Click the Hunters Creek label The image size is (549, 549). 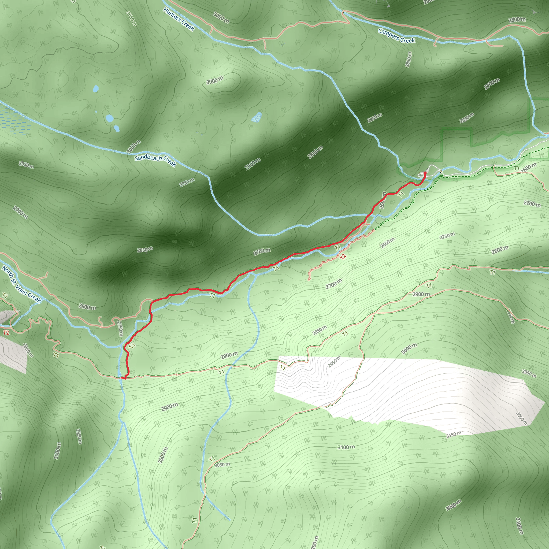pos(179,19)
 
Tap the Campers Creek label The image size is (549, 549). pos(396,36)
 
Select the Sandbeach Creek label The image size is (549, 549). pos(155,161)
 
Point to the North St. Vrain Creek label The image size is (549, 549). pos(22,284)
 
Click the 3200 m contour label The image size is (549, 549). pos(453,505)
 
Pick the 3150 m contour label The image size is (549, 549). pos(454,434)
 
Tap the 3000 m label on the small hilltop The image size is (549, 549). pos(215,81)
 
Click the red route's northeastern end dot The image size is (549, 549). pos(425,173)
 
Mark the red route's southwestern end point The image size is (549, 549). pos(124,378)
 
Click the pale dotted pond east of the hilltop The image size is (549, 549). pos(257,117)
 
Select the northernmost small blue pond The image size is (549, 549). pos(96,89)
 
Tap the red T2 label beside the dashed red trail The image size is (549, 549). pos(343,256)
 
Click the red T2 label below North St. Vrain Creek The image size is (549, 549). pos(6,332)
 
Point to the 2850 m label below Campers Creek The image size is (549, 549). pos(409,60)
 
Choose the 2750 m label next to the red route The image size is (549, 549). pos(120,328)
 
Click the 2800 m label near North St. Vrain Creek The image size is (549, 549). pos(87,307)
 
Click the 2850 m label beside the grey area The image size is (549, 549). pos(28,350)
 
